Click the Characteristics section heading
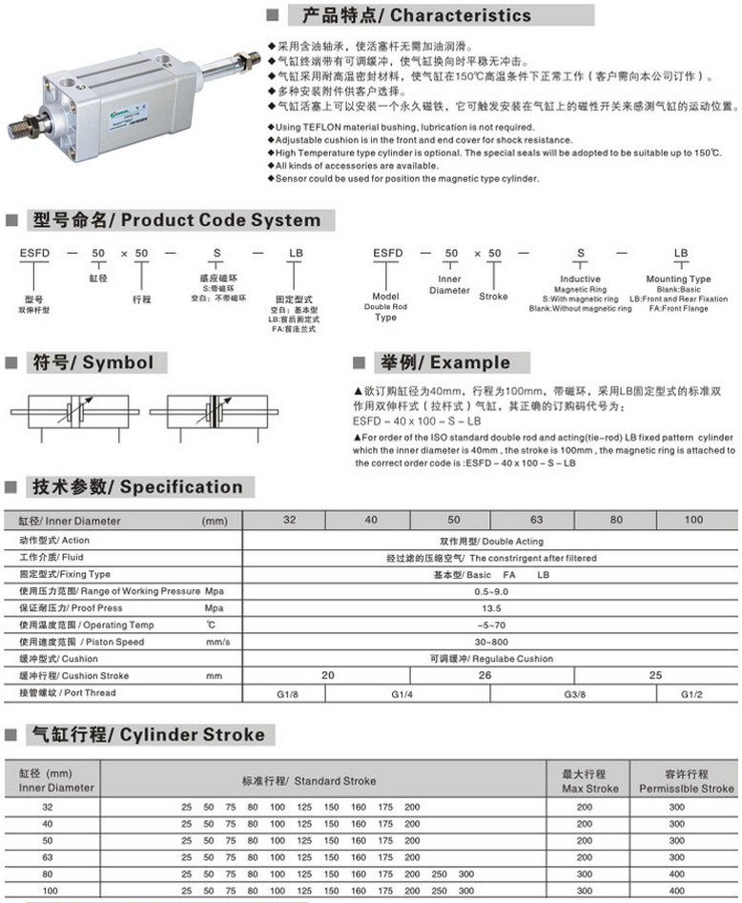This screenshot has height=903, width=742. pos(416,15)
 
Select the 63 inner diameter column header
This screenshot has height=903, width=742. pos(536,520)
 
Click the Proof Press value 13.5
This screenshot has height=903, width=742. pos(491,607)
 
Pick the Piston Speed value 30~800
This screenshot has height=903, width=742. pos(491,642)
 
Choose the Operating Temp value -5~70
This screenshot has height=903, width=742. pos(491,625)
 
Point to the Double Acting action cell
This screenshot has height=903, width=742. pos(491,540)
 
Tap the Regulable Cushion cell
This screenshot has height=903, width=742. pos(491,659)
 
